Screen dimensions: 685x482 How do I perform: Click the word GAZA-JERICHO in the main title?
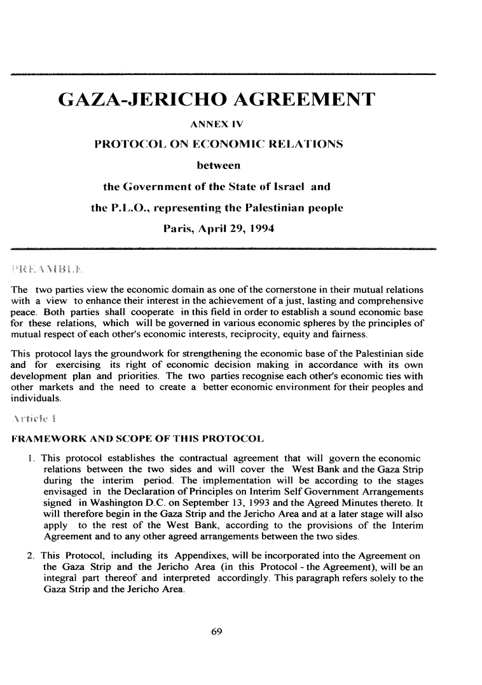pos(142,100)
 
